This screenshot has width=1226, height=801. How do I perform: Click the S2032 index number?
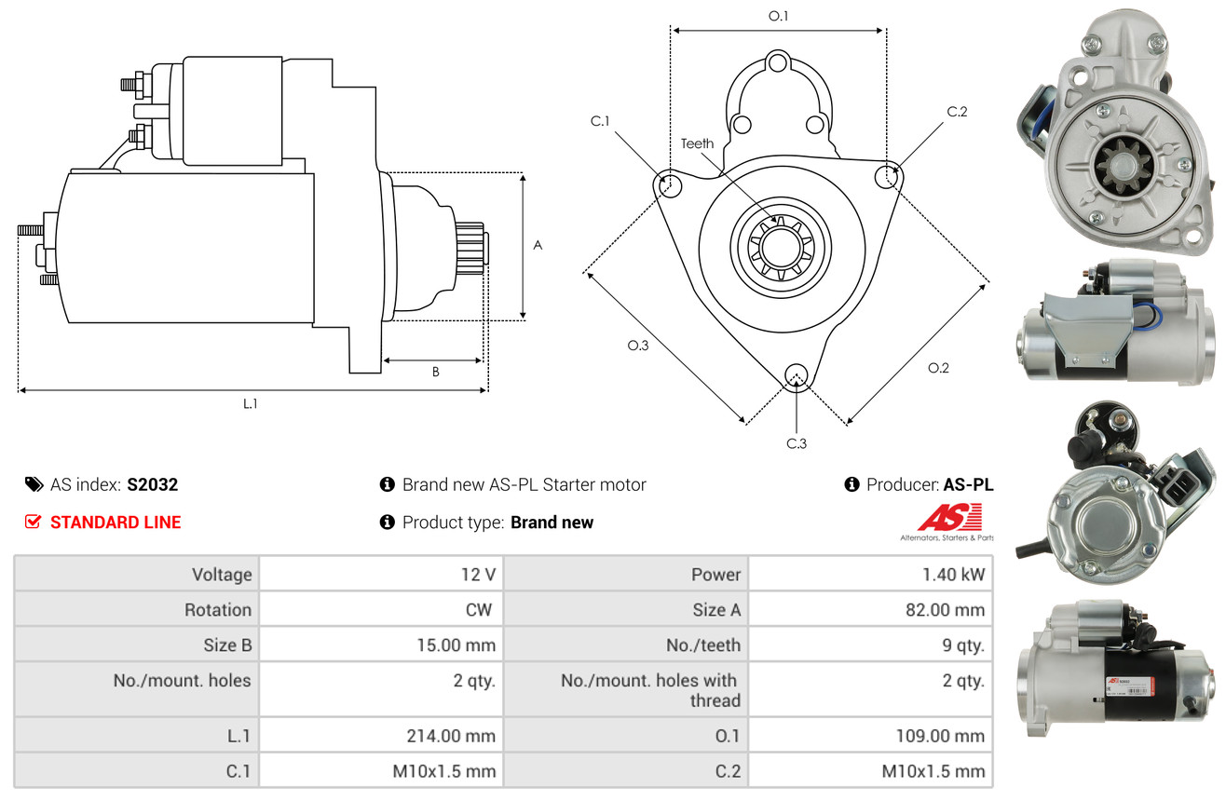click(x=152, y=484)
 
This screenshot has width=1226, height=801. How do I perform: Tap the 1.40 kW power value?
click(x=953, y=575)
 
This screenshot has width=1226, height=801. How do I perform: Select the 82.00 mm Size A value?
click(x=945, y=609)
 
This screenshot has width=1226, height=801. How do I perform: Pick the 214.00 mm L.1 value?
click(x=451, y=736)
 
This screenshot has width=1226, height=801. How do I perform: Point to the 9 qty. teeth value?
click(x=963, y=645)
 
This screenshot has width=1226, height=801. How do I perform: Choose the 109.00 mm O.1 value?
click(x=940, y=736)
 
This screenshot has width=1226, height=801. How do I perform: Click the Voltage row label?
click(x=222, y=575)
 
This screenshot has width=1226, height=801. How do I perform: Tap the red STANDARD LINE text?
click(x=116, y=523)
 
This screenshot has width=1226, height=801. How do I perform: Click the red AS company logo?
click(x=949, y=518)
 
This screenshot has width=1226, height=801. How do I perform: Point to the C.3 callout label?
click(x=797, y=443)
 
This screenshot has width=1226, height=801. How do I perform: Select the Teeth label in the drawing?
click(x=697, y=143)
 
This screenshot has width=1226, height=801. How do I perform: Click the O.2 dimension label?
click(x=938, y=368)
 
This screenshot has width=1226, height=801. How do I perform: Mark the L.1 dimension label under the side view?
click(x=250, y=404)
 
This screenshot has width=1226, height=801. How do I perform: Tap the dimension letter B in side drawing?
click(x=436, y=372)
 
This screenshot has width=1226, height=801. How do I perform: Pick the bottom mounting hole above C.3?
click(x=797, y=376)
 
